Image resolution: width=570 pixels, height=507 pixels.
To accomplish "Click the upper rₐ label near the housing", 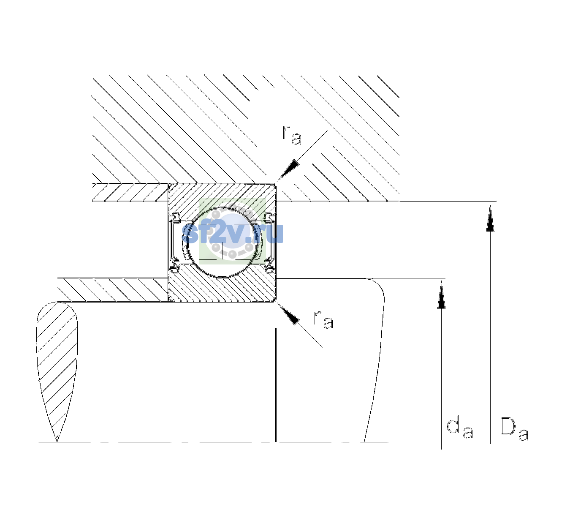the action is [292, 135].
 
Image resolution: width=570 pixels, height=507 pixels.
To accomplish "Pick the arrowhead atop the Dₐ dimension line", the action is [490, 218].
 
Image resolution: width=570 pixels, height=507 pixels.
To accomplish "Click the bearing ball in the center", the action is [222, 243].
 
